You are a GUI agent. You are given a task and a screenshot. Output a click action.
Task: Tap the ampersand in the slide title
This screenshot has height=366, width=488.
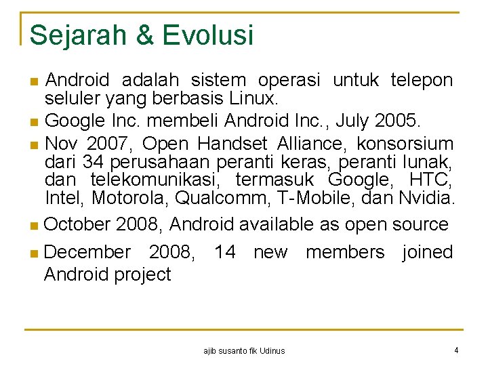click(145, 35)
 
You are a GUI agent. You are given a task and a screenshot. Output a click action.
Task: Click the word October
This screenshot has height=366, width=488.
click(77, 224)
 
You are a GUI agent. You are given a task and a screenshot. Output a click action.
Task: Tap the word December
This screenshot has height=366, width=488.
click(87, 252)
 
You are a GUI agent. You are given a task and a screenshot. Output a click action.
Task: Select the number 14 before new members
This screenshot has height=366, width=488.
click(224, 252)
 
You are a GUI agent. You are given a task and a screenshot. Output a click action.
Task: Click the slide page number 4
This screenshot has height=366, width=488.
click(457, 350)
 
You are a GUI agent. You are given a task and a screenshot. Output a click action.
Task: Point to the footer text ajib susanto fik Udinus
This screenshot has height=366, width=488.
click(244, 351)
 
